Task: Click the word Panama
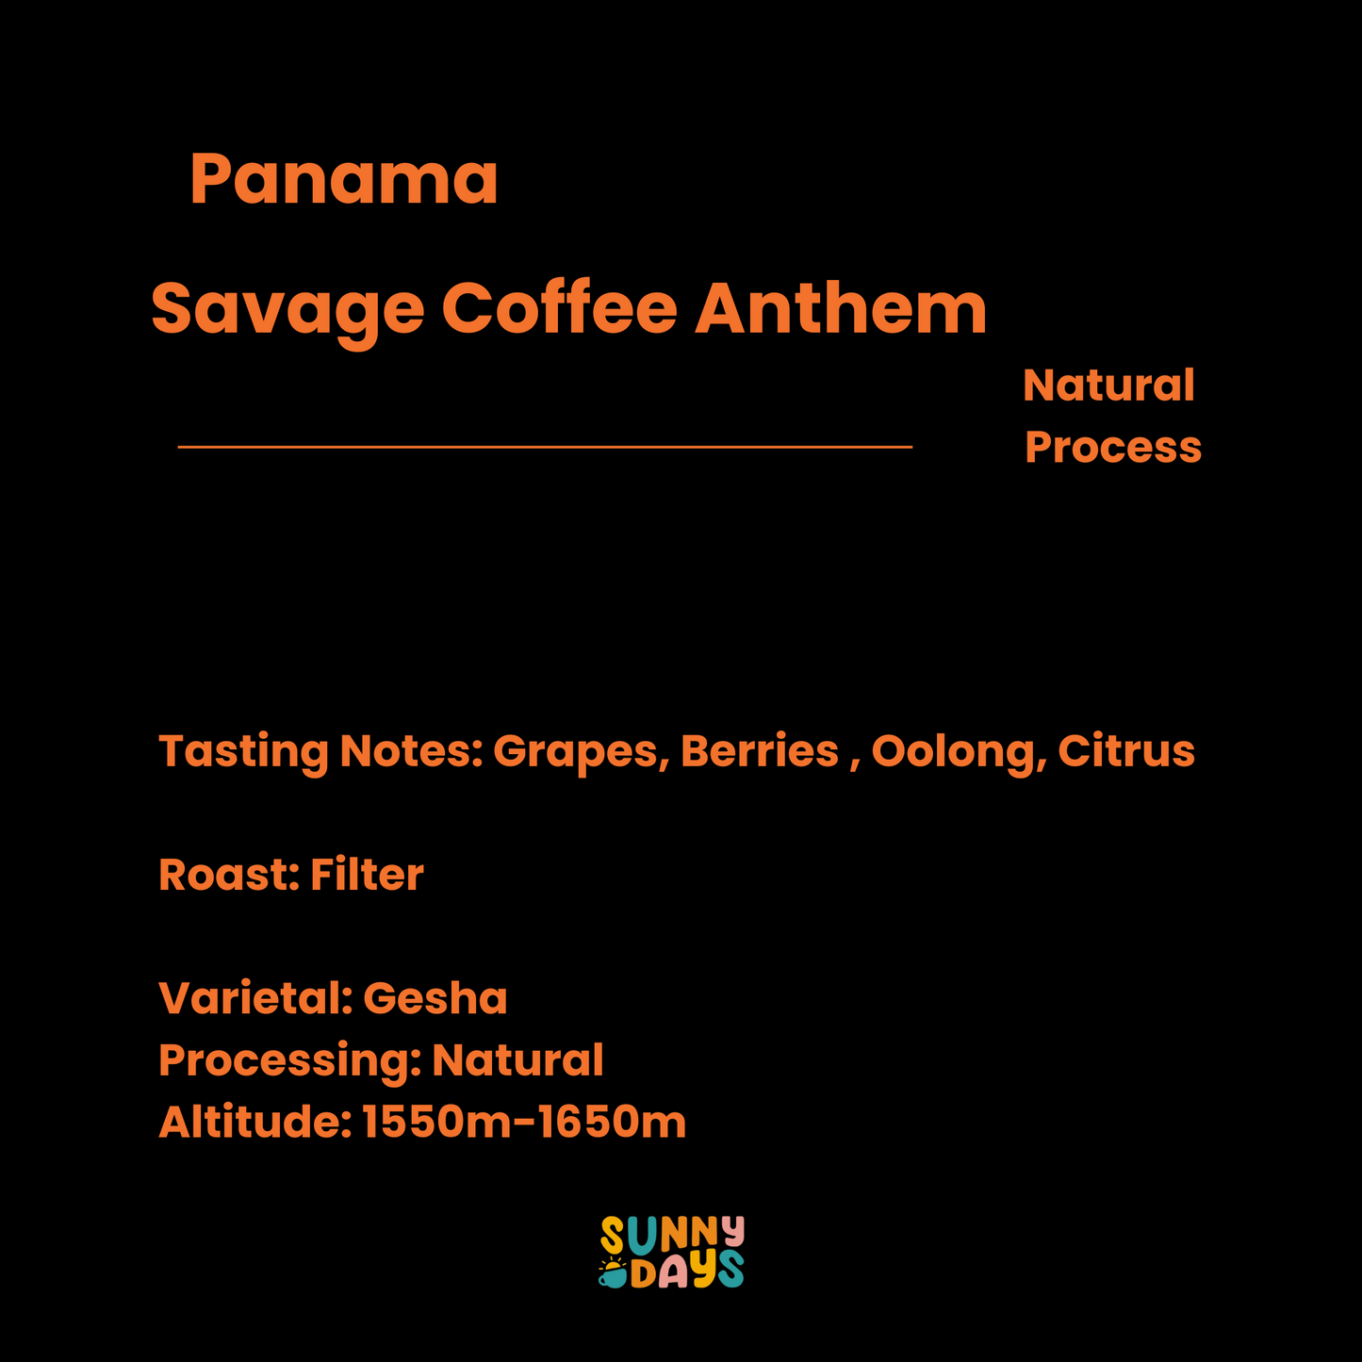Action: pyautogui.click(x=344, y=179)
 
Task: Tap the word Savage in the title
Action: pyautogui.click(x=287, y=309)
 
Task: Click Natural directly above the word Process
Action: pyautogui.click(x=1108, y=386)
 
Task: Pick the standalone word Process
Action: pyautogui.click(x=1112, y=447)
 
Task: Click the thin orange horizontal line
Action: pyautogui.click(x=545, y=447)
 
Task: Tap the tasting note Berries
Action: pyautogui.click(x=759, y=751)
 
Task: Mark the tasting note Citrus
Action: pyautogui.click(x=1125, y=751)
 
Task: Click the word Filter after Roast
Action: pyautogui.click(x=367, y=875)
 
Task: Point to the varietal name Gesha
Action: pyautogui.click(x=435, y=998)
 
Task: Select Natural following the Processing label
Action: pyautogui.click(x=517, y=1060)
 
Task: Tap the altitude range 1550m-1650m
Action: pyautogui.click(x=524, y=1122)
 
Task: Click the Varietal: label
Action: pyautogui.click(x=253, y=998)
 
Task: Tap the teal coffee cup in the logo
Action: pyautogui.click(x=613, y=1276)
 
